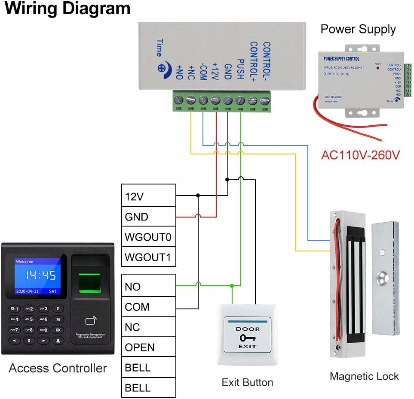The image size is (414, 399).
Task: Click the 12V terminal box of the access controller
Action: (149, 196)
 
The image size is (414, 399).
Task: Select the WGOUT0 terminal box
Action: (149, 237)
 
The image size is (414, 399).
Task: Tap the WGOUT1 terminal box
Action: (149, 257)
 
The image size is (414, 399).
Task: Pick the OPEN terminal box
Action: (149, 347)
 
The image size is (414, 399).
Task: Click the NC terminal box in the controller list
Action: (149, 327)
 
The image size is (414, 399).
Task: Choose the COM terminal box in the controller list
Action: (149, 307)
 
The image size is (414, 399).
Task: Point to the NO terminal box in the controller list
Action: (149, 286)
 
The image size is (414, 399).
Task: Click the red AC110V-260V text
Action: (360, 154)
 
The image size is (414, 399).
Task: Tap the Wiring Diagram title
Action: (67, 9)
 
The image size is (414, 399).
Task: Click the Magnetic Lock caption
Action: (364, 377)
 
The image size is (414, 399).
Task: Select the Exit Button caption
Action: (247, 382)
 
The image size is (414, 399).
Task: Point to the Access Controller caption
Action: (58, 368)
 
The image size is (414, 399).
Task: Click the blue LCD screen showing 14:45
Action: (37, 276)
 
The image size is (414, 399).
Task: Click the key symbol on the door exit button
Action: (247, 338)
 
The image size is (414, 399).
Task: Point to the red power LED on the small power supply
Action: (378, 68)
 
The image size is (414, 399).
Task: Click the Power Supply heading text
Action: (358, 30)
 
